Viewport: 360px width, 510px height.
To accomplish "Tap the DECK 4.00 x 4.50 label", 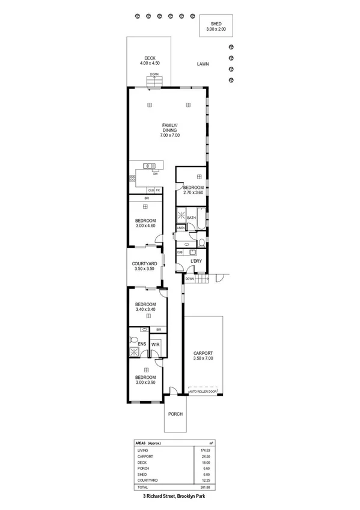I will (x=150, y=61).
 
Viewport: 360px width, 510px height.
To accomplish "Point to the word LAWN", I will (x=201, y=63).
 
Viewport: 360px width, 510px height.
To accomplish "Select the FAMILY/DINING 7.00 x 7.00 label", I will (x=170, y=131).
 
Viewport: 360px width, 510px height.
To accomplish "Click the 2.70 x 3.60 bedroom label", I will (x=194, y=191).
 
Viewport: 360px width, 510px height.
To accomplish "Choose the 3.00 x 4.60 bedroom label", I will (x=145, y=223).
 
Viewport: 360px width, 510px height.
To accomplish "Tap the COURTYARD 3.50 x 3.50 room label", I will (x=144, y=266).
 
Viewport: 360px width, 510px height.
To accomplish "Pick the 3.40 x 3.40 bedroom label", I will (x=145, y=307).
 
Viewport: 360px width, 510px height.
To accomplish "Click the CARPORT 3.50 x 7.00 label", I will (x=203, y=356).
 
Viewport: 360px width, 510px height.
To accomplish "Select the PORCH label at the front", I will (x=175, y=414).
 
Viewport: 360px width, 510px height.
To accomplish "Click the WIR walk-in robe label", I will (x=155, y=344).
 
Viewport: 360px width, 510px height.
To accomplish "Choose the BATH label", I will (x=192, y=218).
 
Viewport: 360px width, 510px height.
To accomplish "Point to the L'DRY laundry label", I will (x=195, y=261).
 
